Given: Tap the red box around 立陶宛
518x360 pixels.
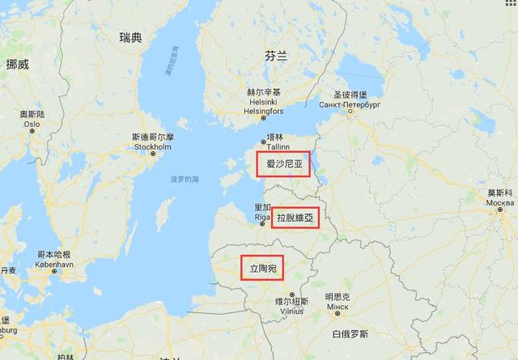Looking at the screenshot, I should coord(262,267).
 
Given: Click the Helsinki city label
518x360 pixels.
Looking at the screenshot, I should coord(264,102).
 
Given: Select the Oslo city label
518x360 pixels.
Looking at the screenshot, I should coord(33,125).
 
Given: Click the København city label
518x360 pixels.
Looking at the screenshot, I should coord(54,264).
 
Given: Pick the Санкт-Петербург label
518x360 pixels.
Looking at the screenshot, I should coord(350,105).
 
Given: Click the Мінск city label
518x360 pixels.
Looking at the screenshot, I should coord(337,307).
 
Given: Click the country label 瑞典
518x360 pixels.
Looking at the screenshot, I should coord(130,38).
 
